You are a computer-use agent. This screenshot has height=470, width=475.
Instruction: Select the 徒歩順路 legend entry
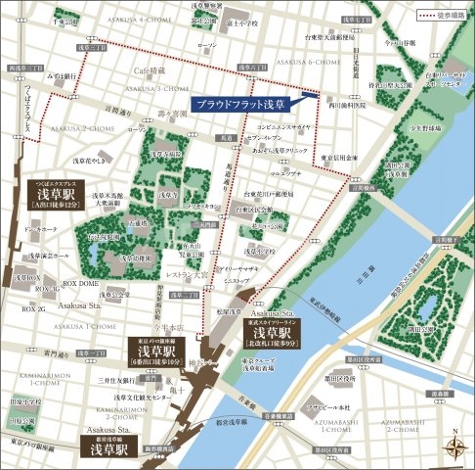pyautogui.click(x=439, y=15)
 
